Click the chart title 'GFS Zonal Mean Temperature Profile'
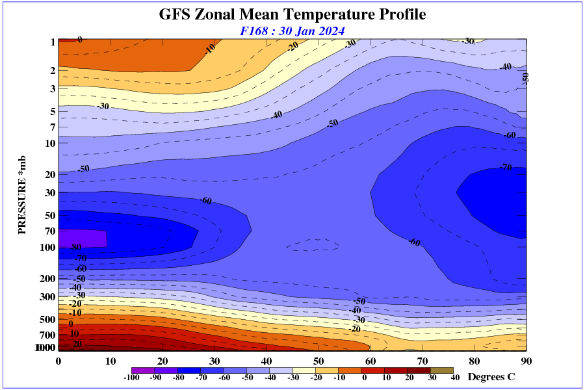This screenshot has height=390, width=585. [x=292, y=14]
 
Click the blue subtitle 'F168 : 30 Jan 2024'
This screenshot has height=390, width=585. [x=292, y=31]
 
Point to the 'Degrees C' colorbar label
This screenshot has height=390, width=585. [x=491, y=377]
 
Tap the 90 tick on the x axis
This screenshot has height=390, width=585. [x=526, y=361]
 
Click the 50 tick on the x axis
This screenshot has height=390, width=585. [x=318, y=361]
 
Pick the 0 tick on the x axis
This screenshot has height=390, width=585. [x=58, y=361]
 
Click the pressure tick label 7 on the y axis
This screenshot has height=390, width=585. [x=53, y=126]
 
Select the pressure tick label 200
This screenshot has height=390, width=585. [x=48, y=278]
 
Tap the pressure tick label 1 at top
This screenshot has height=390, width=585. [x=53, y=42]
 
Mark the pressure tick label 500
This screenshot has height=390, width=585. [x=48, y=319]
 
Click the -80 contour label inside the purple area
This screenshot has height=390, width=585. [x=75, y=248]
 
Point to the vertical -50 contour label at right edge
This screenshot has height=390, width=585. [x=525, y=77]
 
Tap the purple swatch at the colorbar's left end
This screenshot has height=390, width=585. [x=142, y=370]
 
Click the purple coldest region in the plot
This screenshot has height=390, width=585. [x=81, y=239]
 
